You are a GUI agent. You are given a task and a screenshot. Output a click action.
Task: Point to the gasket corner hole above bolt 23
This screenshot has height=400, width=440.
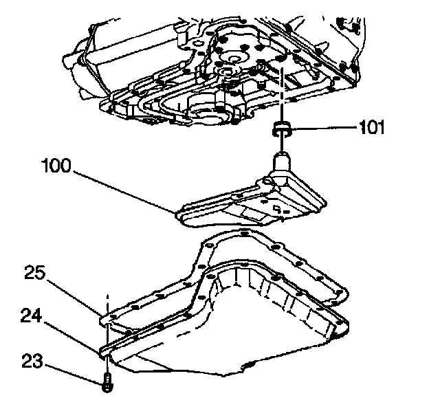pyautogui.click(x=107, y=318)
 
